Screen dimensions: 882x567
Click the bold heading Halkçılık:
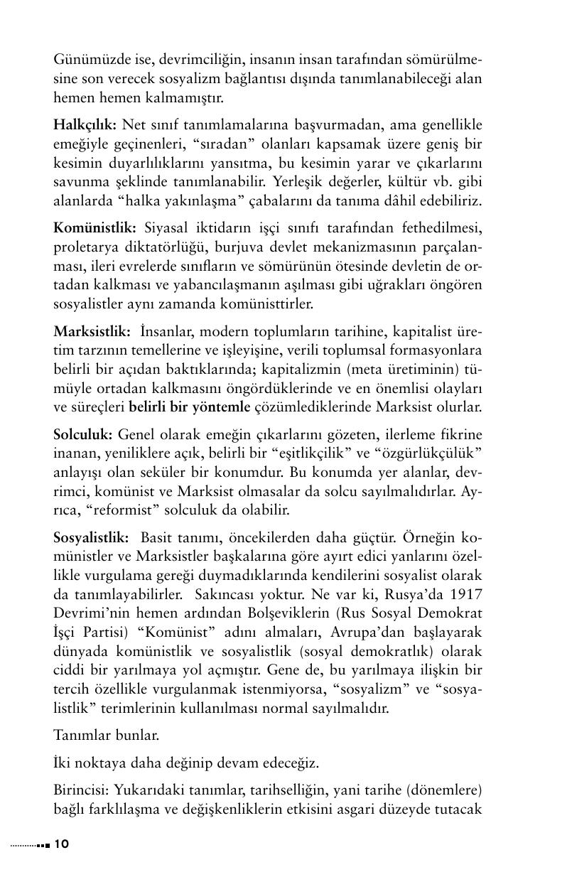click(85, 125)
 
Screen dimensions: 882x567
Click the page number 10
click(61, 844)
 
